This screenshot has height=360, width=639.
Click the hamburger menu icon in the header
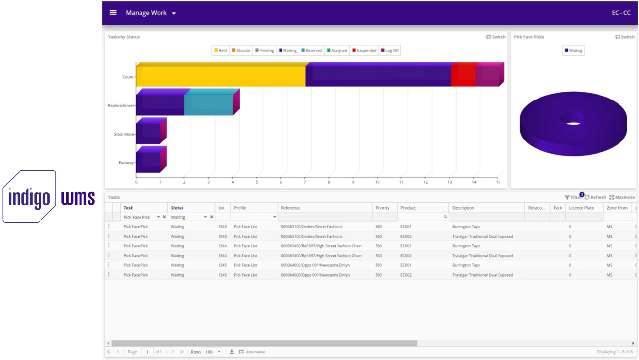coord(113,13)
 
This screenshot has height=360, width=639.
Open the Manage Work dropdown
coord(150,13)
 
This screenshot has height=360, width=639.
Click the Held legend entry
coord(220,50)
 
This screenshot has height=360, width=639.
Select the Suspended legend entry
coord(364,50)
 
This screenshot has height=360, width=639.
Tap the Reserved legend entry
coord(312,50)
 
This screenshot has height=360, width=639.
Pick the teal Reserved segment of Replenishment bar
coord(208,105)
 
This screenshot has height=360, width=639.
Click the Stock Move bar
coord(148,133)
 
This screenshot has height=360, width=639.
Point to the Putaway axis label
coord(126,163)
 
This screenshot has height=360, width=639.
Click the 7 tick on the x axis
coord(305,182)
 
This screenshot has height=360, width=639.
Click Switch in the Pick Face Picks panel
coord(624,37)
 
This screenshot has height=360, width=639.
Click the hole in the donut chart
coord(573,119)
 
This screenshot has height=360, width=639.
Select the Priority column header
coord(382,208)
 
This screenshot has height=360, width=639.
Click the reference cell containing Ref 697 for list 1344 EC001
coord(321,246)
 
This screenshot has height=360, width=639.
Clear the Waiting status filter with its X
coord(212,217)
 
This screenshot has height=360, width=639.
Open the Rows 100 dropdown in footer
coord(212,352)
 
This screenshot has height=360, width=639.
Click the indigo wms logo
coord(49,197)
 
